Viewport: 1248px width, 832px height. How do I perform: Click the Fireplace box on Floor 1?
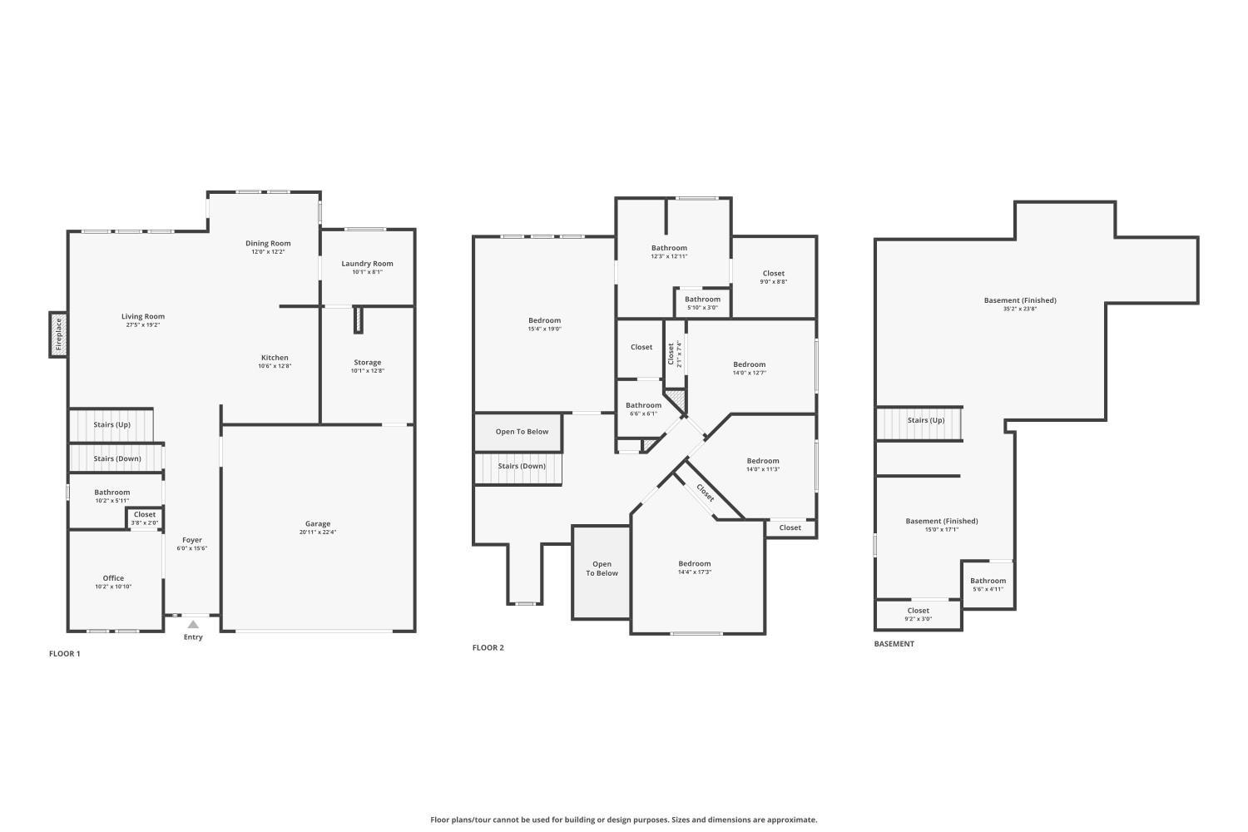click(58, 334)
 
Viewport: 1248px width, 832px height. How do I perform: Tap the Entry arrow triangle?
click(193, 624)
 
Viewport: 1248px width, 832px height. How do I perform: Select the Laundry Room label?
click(367, 264)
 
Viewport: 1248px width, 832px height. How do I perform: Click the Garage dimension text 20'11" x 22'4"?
click(318, 532)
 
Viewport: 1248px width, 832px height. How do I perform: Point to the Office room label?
click(113, 578)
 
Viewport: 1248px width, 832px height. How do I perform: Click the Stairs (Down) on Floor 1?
click(116, 458)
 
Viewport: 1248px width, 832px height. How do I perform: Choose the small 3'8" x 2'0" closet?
click(145, 518)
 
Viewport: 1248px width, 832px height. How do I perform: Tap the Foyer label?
click(192, 540)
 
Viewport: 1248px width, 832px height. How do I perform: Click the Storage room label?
click(367, 363)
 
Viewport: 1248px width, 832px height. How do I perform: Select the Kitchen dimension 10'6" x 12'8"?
click(275, 366)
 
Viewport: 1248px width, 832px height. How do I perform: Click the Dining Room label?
click(268, 244)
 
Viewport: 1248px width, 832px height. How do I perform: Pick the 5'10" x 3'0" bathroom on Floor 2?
click(702, 303)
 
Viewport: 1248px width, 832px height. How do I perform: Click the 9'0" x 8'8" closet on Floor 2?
click(773, 277)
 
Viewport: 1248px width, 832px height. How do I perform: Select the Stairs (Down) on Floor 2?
click(522, 466)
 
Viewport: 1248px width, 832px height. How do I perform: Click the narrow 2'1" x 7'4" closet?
click(674, 354)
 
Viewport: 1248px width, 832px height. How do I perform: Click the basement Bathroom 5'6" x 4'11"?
click(988, 584)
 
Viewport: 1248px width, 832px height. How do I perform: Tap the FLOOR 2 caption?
click(488, 647)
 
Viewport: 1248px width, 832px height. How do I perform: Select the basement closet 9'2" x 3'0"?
click(919, 614)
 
